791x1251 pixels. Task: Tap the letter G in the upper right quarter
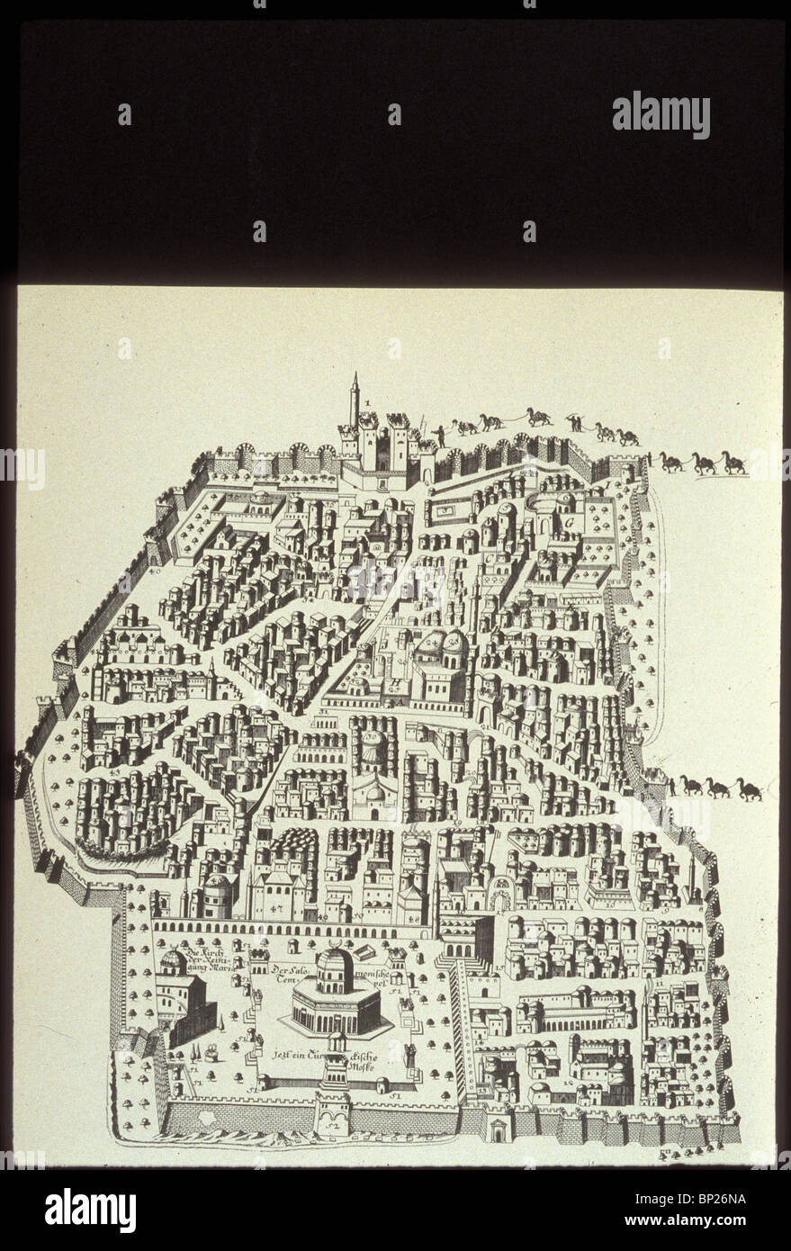pyautogui.click(x=569, y=522)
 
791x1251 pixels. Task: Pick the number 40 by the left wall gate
pyautogui.click(x=155, y=571)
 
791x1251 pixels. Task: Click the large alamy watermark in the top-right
pyautogui.click(x=661, y=114)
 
